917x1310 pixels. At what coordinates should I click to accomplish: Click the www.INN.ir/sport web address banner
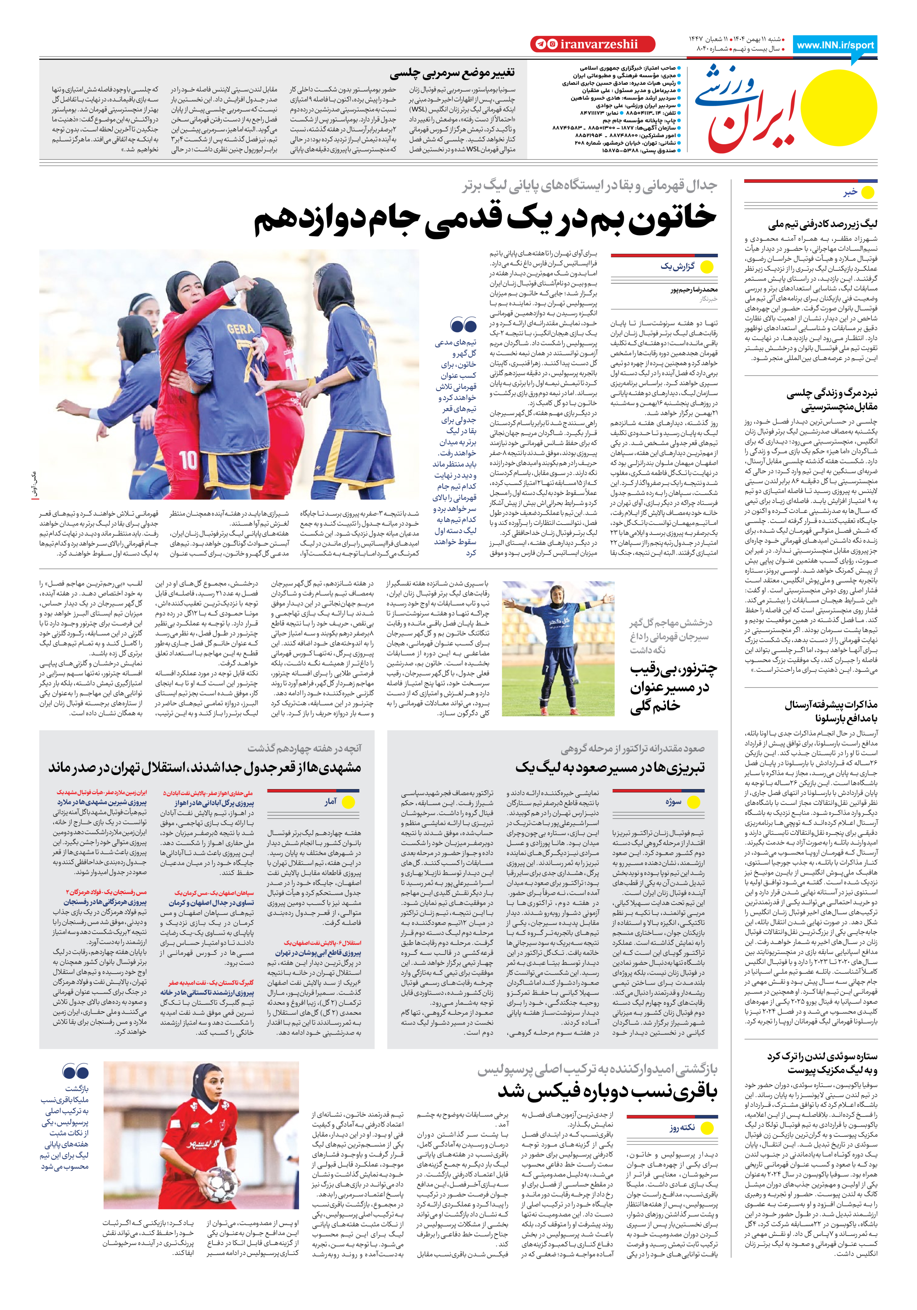(835, 45)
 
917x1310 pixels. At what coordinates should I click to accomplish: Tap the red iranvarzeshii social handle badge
(592, 44)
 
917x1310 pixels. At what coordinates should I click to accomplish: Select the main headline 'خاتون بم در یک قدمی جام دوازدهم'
(485, 220)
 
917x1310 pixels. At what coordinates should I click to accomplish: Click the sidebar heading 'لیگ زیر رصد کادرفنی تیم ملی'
(823, 224)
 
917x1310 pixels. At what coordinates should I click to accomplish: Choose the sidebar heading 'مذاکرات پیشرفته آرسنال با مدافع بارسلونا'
(830, 711)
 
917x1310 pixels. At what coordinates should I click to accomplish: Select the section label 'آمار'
(330, 802)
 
